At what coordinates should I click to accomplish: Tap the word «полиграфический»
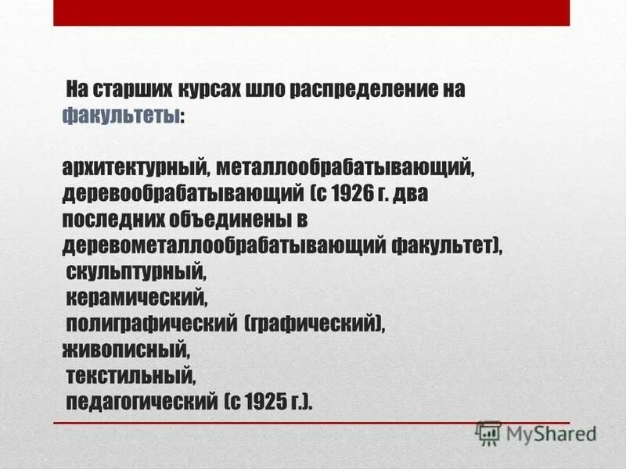(152, 324)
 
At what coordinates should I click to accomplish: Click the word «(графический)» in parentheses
(314, 324)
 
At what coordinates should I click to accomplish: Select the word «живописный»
(126, 349)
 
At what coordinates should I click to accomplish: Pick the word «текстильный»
(130, 376)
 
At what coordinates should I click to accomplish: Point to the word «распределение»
(359, 89)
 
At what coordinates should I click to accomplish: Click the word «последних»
(118, 219)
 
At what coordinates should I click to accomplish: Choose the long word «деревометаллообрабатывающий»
(222, 245)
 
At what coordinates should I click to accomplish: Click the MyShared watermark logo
(536, 432)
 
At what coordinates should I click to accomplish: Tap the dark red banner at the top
(311, 13)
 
